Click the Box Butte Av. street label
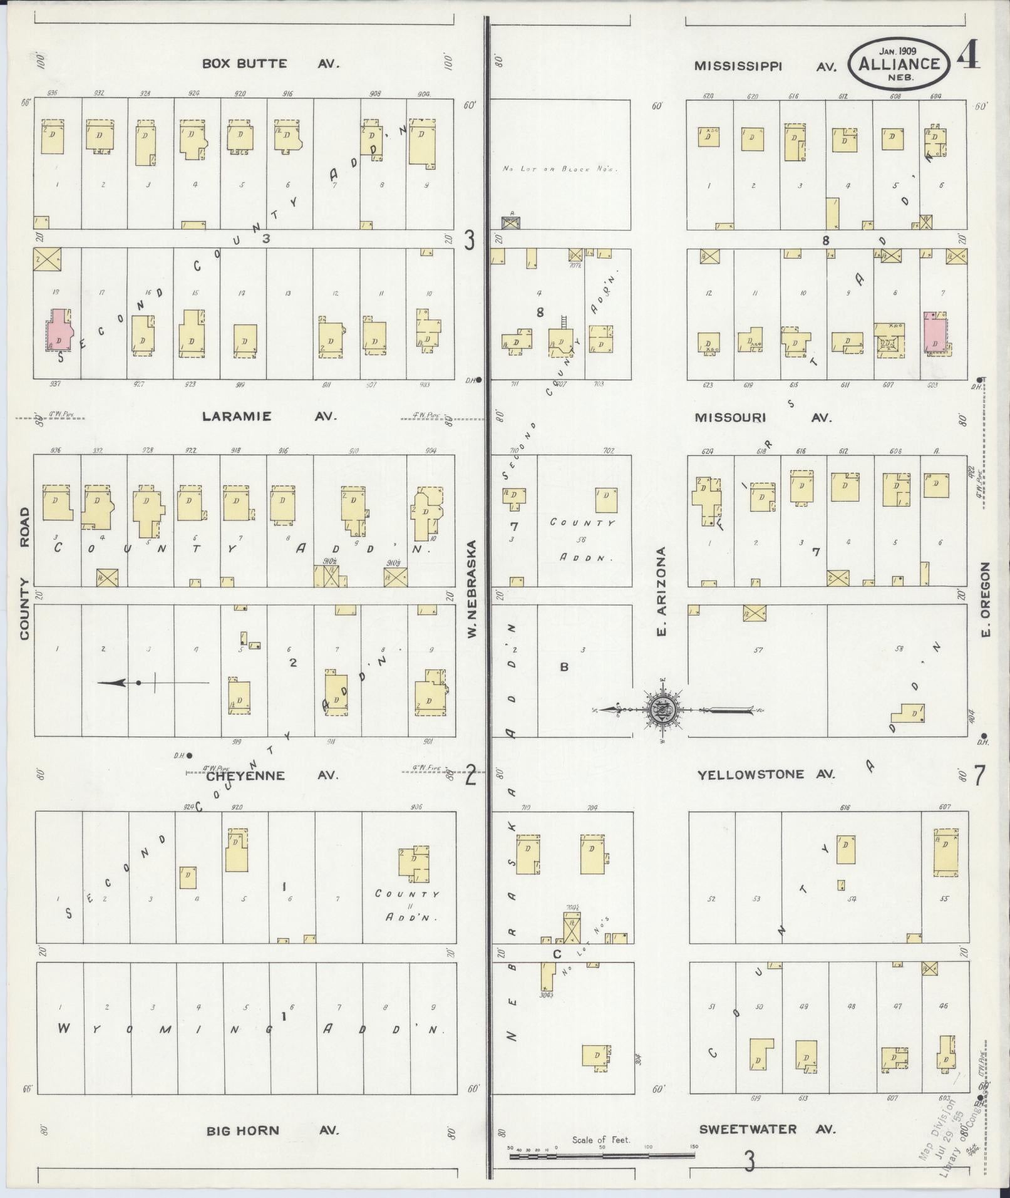click(x=270, y=63)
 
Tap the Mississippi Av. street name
click(x=765, y=66)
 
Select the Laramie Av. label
click(x=269, y=416)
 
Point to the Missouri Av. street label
click(x=763, y=418)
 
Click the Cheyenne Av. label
click(x=271, y=775)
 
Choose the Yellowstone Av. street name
click(x=766, y=775)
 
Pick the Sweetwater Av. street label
click(x=767, y=1130)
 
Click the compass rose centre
click(x=661, y=710)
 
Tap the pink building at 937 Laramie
click(x=58, y=330)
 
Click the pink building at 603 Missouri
click(x=934, y=331)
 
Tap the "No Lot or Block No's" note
click(x=560, y=169)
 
